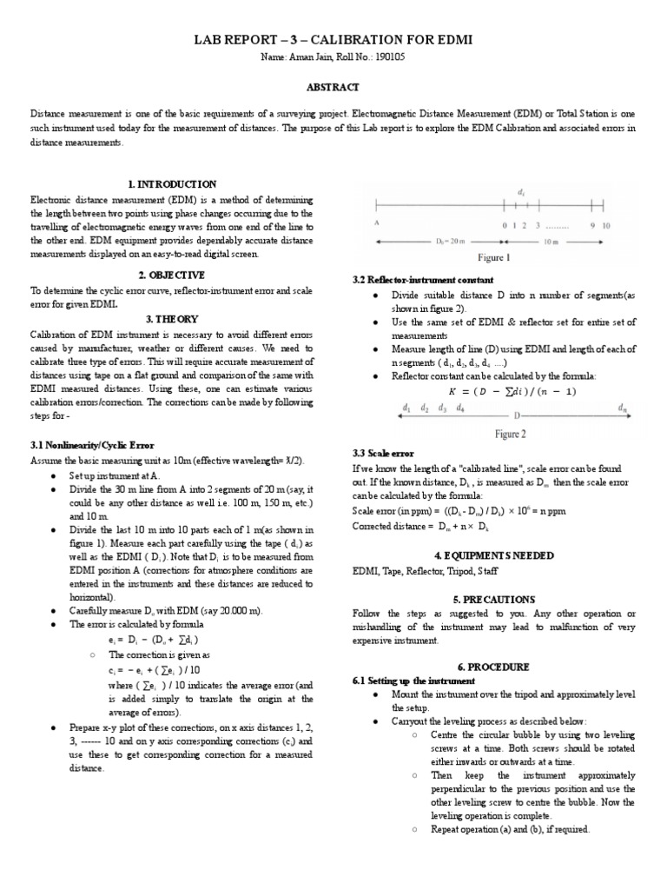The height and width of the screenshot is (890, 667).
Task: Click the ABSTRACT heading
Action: (333, 87)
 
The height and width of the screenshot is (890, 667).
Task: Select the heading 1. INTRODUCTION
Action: (171, 184)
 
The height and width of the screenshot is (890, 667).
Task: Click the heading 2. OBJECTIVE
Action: (171, 275)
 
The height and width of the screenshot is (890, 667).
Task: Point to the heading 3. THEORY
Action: (171, 319)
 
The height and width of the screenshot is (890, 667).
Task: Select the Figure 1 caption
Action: (495, 258)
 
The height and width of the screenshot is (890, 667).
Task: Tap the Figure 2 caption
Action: (510, 434)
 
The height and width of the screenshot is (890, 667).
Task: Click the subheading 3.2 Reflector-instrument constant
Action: (422, 280)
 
